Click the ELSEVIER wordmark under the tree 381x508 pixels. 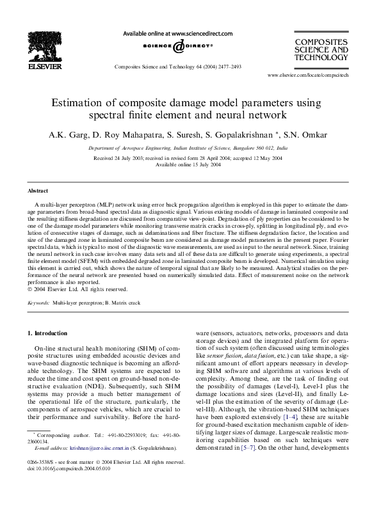click(44, 66)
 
